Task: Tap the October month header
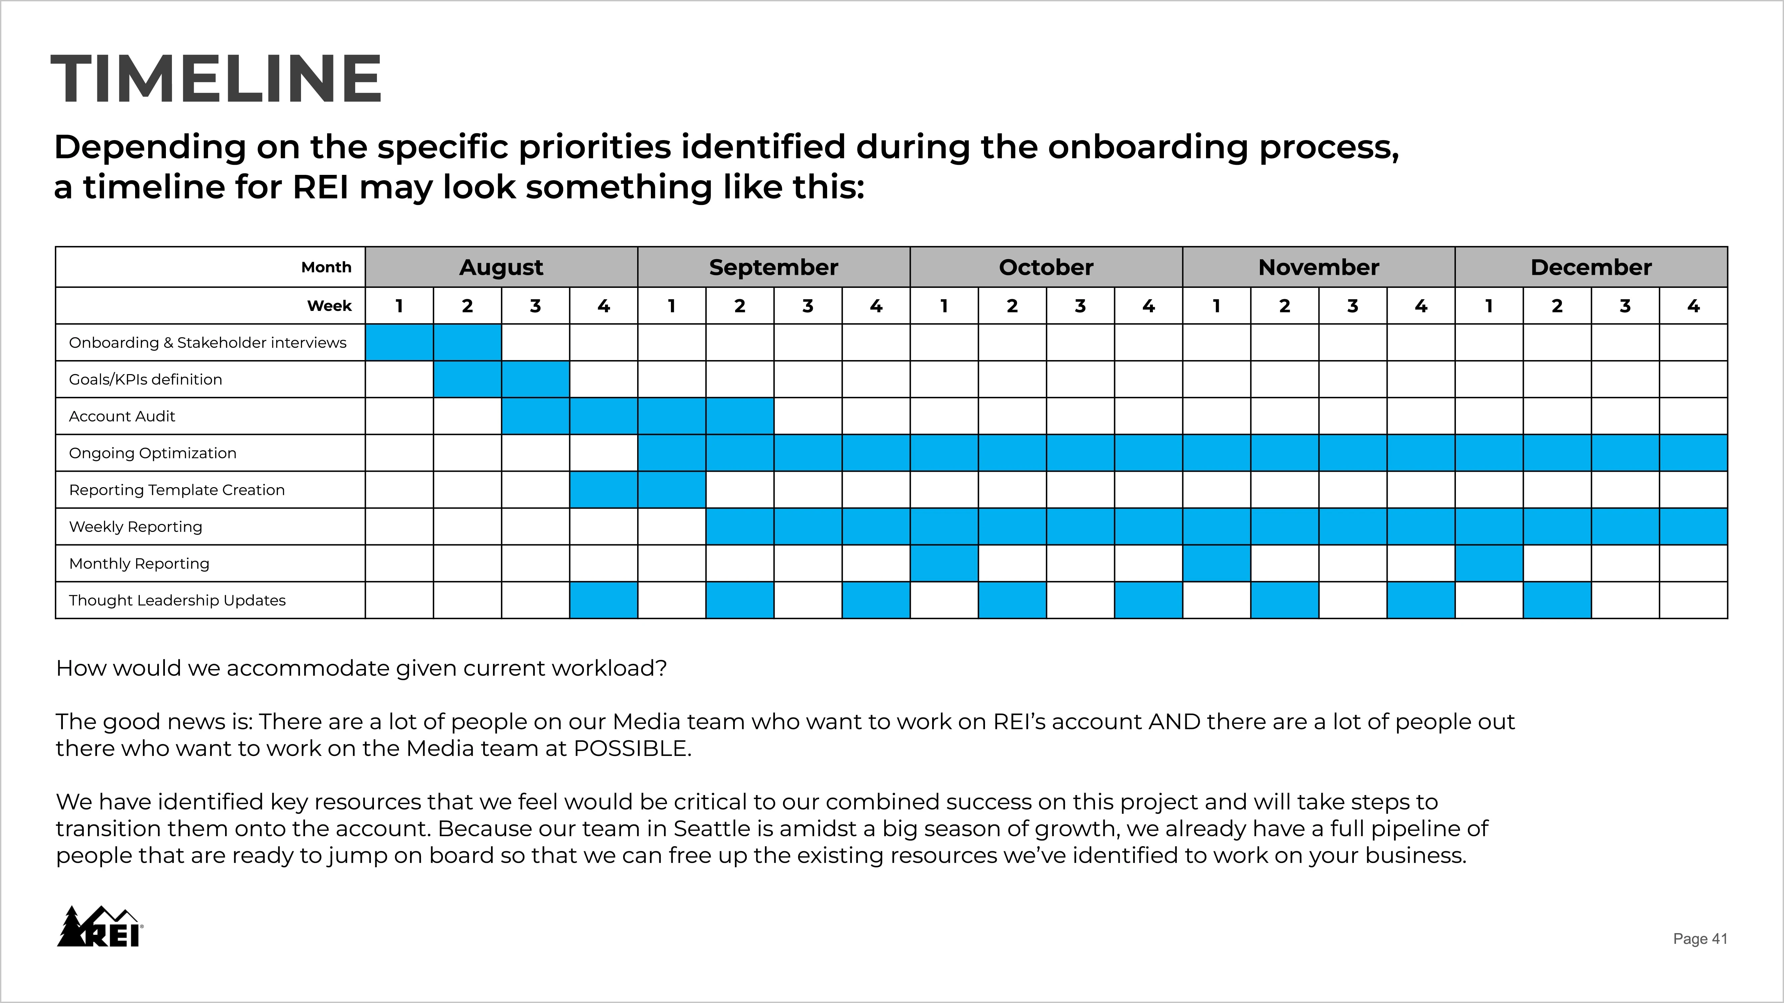1046,267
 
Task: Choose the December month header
1591,267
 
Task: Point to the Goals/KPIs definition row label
145,379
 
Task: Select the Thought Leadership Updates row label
177,600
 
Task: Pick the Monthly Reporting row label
139,563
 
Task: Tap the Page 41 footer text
1700,938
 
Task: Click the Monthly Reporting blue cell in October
944,563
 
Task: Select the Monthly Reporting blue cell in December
1489,563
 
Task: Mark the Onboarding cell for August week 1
399,343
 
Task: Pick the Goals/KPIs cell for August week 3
535,379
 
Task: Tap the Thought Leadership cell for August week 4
603,600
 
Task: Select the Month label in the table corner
326,267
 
